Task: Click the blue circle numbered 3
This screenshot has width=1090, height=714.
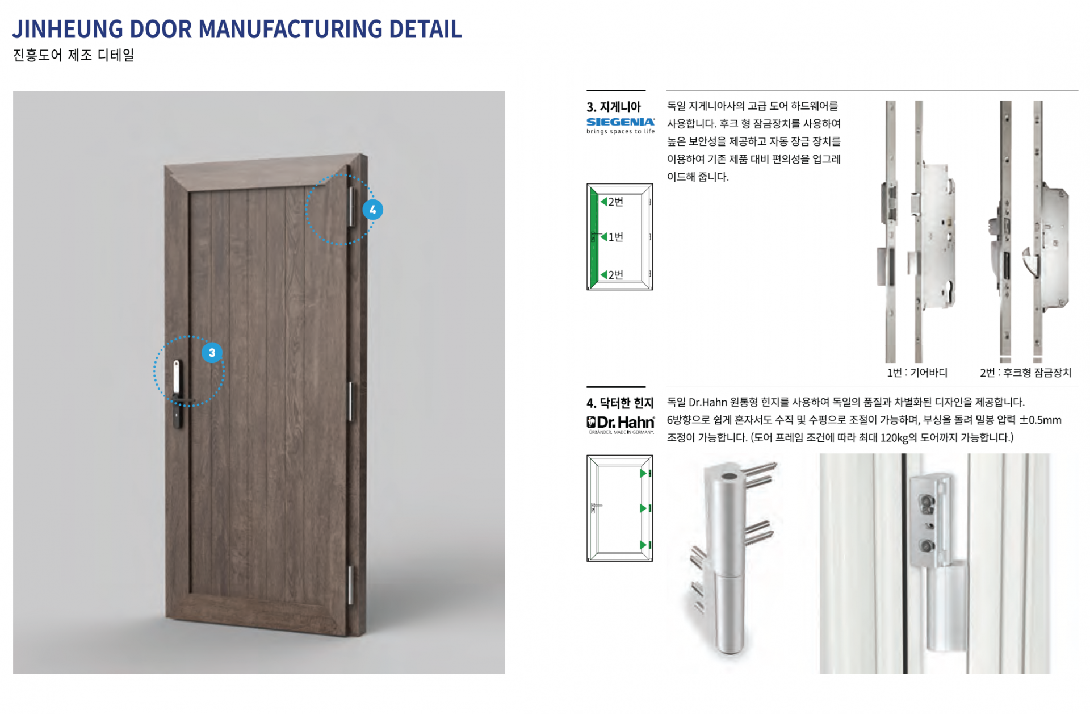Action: point(212,353)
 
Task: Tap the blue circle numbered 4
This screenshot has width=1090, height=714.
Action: point(372,210)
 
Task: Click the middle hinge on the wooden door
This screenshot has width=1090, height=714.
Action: point(350,402)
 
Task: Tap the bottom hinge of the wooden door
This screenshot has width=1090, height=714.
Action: point(350,584)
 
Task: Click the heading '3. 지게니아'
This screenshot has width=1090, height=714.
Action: point(613,107)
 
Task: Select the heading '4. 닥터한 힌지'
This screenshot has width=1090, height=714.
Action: point(620,403)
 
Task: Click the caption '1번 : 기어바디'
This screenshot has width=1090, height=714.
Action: point(917,373)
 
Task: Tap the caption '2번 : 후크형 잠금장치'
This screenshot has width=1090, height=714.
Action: point(1025,373)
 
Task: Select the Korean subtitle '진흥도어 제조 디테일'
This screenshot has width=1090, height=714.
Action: point(73,55)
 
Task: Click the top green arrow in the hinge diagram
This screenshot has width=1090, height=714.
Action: point(643,473)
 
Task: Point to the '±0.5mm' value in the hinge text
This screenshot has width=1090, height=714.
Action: point(1040,420)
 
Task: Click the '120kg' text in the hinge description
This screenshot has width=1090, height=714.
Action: point(894,438)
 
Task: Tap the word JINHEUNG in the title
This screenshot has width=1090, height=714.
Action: point(68,29)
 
